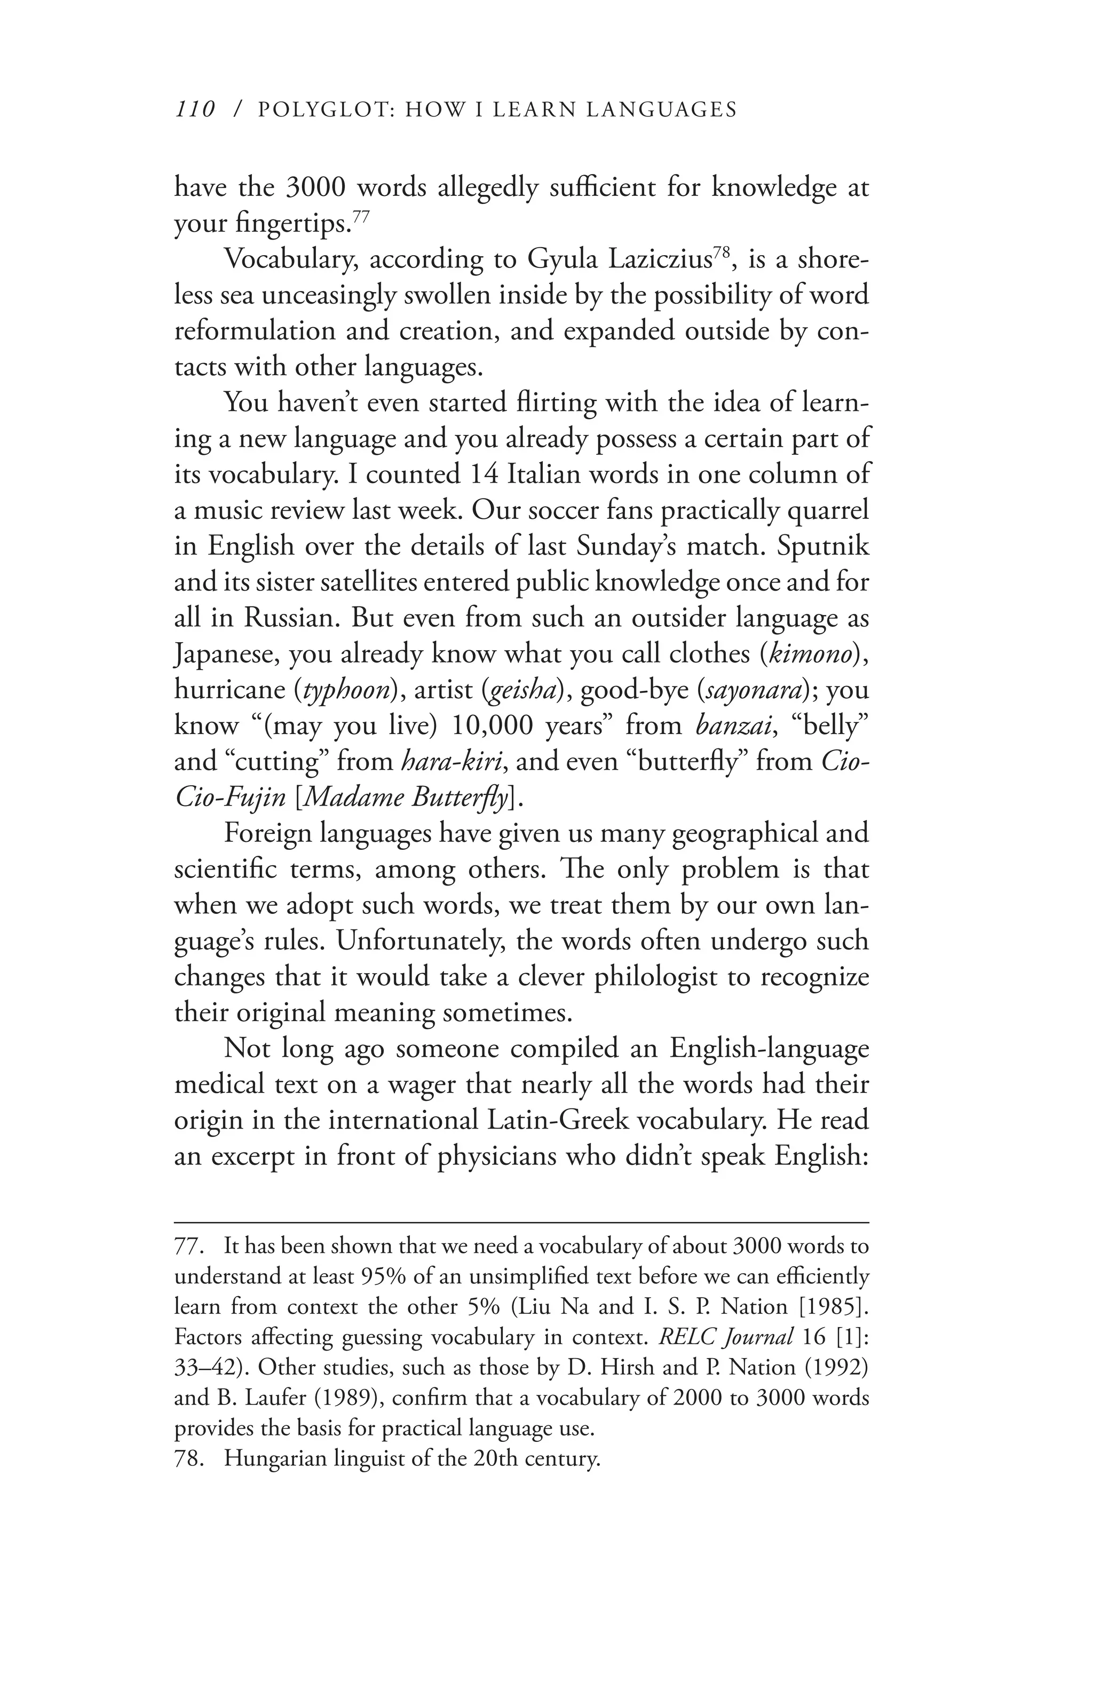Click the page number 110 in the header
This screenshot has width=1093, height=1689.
coord(194,109)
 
